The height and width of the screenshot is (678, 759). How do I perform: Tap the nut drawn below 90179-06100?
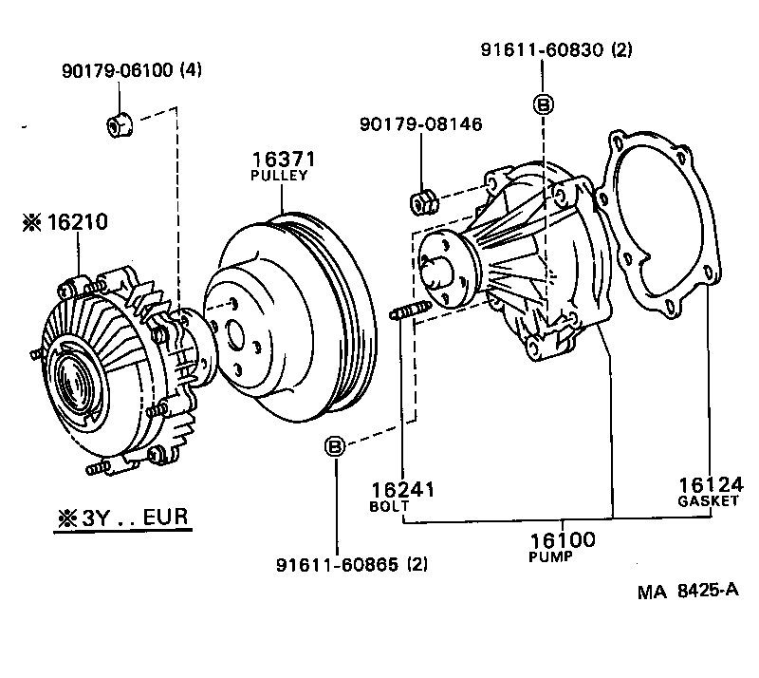119,122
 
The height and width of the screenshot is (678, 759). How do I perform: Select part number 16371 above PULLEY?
283,159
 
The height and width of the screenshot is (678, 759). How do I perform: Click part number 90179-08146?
420,124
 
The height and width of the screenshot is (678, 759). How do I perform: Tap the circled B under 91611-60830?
543,104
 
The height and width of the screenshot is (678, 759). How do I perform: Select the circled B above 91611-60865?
335,445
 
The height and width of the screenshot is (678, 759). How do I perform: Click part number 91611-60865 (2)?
352,564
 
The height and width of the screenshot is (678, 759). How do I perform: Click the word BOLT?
389,507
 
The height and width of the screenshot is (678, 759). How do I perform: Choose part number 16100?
562,540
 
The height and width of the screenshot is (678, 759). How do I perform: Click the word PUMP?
550,557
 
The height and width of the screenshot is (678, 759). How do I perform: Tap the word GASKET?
708,501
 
